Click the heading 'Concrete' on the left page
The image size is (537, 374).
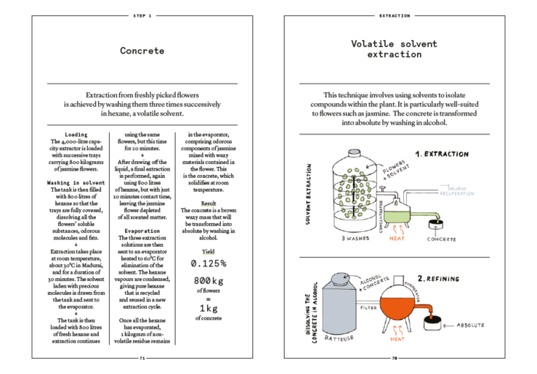click(x=142, y=51)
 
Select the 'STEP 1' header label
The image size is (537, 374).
click(x=142, y=15)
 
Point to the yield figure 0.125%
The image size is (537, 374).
click(x=209, y=264)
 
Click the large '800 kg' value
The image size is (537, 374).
click(x=209, y=280)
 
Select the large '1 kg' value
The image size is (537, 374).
click(x=209, y=308)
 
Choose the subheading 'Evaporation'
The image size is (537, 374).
click(x=142, y=231)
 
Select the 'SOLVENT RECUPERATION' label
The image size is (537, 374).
click(x=456, y=191)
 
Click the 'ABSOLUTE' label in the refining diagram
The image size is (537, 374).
click(x=469, y=325)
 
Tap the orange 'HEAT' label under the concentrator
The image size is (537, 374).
click(x=397, y=239)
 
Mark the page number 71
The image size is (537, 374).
click(x=142, y=358)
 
